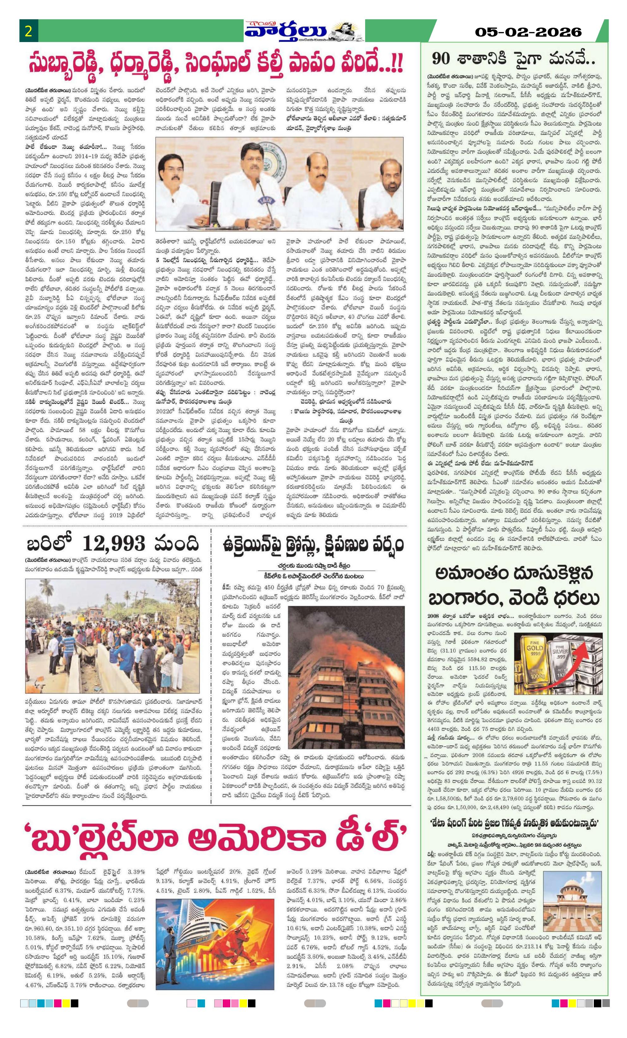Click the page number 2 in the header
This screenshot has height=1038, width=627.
(29, 32)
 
